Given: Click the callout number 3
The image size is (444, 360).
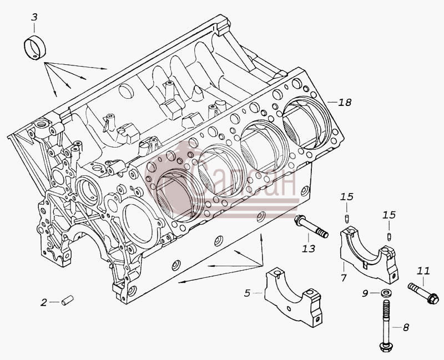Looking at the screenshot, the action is (x=34, y=17).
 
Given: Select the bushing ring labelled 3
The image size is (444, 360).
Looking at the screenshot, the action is (x=35, y=48).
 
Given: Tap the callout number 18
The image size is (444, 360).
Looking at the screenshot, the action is (x=345, y=102).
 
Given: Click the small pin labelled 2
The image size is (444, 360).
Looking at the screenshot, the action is (x=67, y=300).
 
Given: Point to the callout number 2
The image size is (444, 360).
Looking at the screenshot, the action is (x=43, y=302).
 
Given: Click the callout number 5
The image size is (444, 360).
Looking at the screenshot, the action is (x=247, y=293).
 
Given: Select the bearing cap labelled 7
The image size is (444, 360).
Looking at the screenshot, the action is (x=369, y=254).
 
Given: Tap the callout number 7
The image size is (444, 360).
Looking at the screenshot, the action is (x=344, y=278).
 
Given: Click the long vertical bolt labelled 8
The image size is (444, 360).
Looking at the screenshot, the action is (x=386, y=326).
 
